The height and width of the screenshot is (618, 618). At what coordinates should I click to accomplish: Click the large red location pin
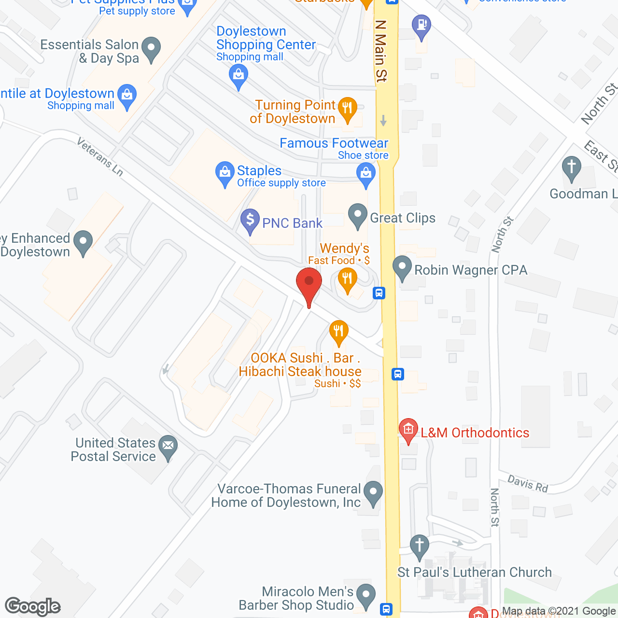(x=309, y=285)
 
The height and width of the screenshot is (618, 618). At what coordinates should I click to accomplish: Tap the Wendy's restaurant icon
(x=347, y=280)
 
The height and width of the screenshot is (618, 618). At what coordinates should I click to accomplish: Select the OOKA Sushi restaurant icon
(x=338, y=332)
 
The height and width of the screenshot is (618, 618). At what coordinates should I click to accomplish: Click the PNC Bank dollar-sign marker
(x=250, y=220)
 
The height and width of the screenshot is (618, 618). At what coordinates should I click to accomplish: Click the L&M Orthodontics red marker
(x=408, y=429)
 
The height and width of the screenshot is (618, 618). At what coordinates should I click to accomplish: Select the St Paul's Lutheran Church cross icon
(x=419, y=547)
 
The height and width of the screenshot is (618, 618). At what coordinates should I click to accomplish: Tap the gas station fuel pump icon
(x=421, y=25)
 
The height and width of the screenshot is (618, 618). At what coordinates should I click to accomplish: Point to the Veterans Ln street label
(x=100, y=156)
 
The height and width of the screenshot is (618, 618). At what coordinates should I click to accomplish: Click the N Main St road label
(x=381, y=51)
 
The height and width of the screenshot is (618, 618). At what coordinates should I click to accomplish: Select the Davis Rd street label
(x=528, y=484)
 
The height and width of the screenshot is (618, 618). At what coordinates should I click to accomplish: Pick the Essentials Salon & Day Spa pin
(x=152, y=49)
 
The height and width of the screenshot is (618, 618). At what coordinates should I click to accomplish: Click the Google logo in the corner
(x=32, y=606)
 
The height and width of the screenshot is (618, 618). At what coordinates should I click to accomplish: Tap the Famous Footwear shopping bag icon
(x=365, y=173)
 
